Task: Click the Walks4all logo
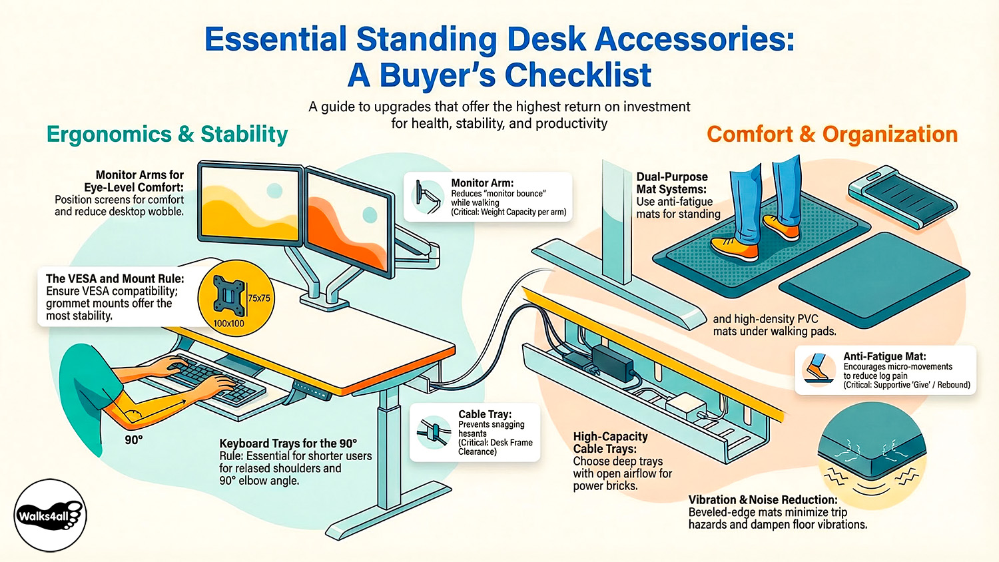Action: [x=51, y=515]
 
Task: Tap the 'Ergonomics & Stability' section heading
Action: [x=167, y=135]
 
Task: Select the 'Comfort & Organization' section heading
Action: [x=832, y=135]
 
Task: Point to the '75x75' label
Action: [x=259, y=298]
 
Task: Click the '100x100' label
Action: [x=228, y=324]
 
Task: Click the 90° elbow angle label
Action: [x=134, y=439]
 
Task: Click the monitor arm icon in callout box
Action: [x=427, y=196]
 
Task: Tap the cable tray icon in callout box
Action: [x=432, y=432]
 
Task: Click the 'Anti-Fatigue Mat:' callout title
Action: [x=884, y=357]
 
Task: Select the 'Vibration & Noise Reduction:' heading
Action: [x=763, y=500]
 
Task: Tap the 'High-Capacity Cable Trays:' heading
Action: [x=610, y=443]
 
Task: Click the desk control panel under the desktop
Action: [x=312, y=390]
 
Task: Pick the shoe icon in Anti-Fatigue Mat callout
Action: [x=818, y=369]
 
